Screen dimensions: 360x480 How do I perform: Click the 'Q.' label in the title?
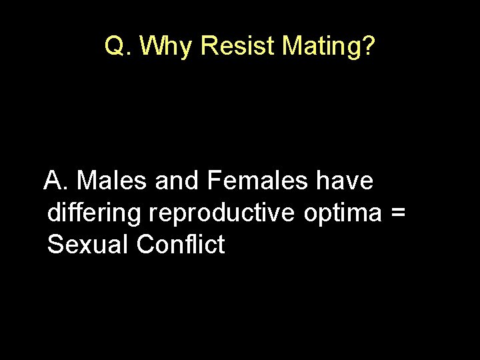pyautogui.click(x=119, y=47)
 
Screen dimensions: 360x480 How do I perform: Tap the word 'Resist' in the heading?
pyautogui.click(x=237, y=47)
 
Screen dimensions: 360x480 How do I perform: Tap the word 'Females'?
pyautogui.click(x=258, y=181)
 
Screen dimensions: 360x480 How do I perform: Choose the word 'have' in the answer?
pyautogui.click(x=345, y=181)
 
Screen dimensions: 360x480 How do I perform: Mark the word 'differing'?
pyautogui.click(x=94, y=214)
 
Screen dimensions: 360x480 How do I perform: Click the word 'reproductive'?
pyautogui.click(x=223, y=214)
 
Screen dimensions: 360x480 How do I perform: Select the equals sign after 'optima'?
pyautogui.click(x=398, y=214)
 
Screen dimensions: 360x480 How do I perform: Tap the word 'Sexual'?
pyautogui.click(x=88, y=245)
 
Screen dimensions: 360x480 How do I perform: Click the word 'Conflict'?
pyautogui.click(x=181, y=245)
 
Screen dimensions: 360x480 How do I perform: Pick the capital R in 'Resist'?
pyautogui.click(x=208, y=47)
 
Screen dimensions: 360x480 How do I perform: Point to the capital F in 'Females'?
pyautogui.click(x=214, y=181)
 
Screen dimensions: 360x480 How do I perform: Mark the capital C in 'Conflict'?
pyautogui.click(x=145, y=245)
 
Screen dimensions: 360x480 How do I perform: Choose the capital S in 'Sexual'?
pyautogui.click(x=55, y=245)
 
